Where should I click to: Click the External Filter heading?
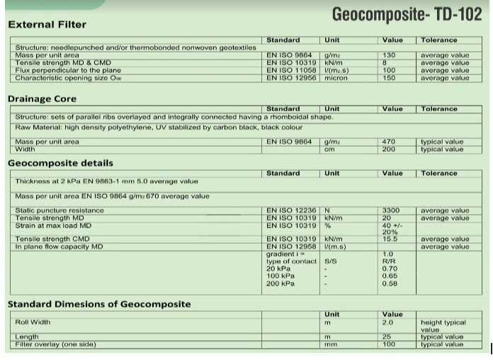coord(47,25)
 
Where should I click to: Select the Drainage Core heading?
coord(42,99)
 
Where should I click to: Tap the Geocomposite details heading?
coord(60,163)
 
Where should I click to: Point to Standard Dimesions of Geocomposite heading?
coord(99,304)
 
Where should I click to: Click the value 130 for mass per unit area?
coord(388,55)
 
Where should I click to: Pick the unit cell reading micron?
coord(336,78)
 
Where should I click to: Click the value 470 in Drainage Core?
coord(388,142)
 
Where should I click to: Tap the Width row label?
coord(25,150)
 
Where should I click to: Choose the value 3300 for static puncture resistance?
coord(391,210)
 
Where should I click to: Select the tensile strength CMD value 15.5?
coord(390,240)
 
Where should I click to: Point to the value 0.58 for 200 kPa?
coord(390,283)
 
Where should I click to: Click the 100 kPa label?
coord(280,276)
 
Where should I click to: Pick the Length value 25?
coord(387,337)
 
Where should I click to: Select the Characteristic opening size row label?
coord(64,78)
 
